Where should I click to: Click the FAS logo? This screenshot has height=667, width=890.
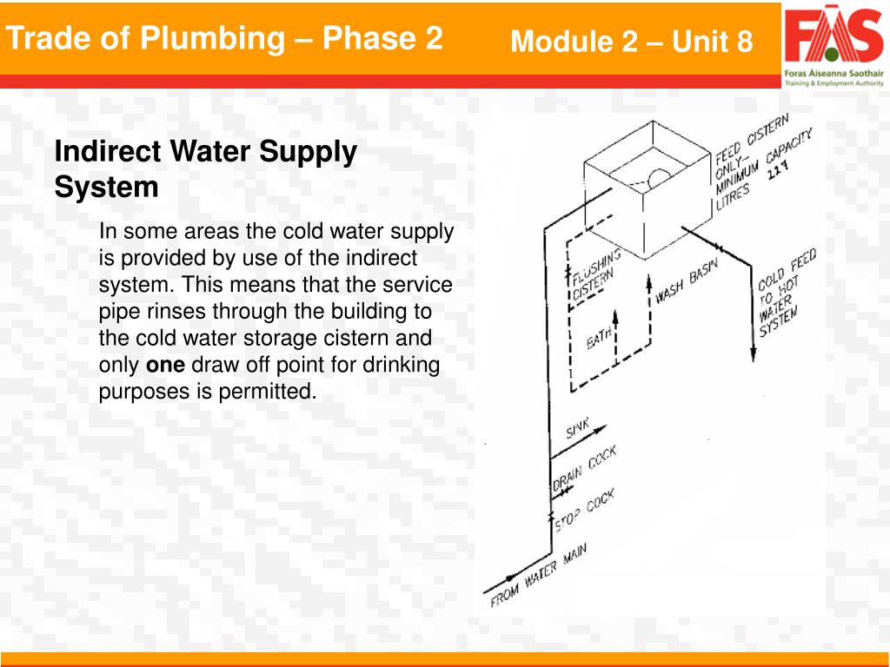[834, 36]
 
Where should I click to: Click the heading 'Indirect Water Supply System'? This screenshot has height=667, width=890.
[206, 168]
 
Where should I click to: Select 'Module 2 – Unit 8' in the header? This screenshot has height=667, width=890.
[632, 41]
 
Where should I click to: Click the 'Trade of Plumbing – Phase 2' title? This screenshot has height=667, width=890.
[224, 38]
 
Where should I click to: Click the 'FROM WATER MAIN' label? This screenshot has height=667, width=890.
[539, 577]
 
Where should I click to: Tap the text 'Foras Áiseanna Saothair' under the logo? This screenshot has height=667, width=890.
[834, 75]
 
